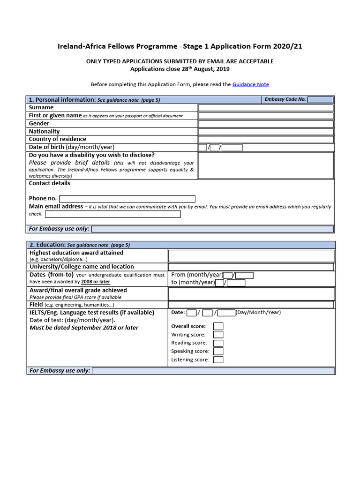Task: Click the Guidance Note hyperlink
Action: (250, 84)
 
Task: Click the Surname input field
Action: (265, 108)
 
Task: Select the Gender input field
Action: (265, 124)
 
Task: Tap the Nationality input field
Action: (265, 132)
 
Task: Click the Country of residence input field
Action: (265, 139)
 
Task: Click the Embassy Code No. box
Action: (321, 100)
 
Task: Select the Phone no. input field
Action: (127, 199)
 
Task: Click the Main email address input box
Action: (112, 214)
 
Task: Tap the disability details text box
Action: (265, 165)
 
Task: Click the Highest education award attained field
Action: (251, 255)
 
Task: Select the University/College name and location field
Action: (251, 267)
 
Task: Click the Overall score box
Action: (218, 326)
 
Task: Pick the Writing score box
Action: (218, 335)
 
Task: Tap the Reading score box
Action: (218, 343)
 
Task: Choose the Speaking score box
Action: (218, 352)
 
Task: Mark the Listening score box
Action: (218, 360)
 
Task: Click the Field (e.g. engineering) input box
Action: (251, 305)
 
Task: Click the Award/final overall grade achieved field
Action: (251, 293)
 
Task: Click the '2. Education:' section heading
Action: (47, 245)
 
